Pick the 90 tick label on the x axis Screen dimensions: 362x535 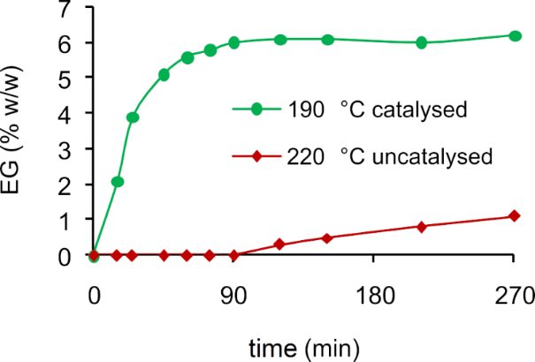(233, 295)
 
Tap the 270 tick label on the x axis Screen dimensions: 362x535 (514, 295)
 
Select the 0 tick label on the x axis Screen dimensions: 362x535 (94, 295)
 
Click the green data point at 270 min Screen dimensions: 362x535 (514, 35)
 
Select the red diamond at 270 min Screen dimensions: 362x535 (514, 216)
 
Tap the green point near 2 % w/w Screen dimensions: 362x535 (117, 182)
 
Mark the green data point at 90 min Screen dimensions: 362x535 (234, 42)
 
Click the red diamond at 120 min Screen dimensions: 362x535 (280, 245)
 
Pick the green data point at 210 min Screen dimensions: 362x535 (421, 42)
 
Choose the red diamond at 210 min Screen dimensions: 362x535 (421, 227)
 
